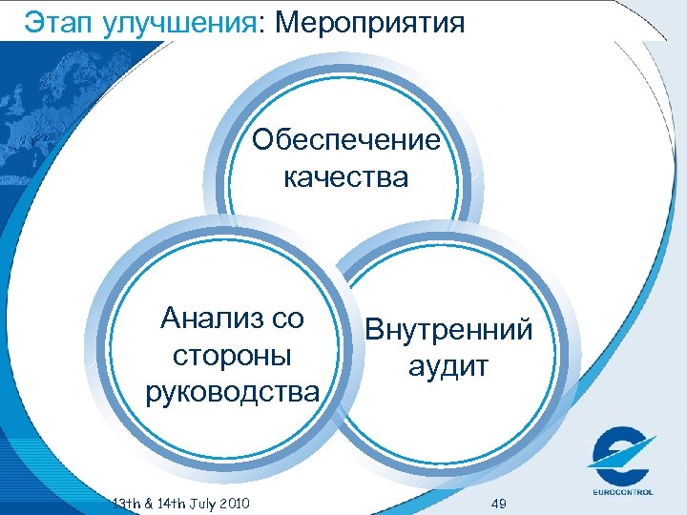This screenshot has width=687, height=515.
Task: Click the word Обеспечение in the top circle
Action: point(346,140)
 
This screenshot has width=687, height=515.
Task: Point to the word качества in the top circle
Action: point(346,176)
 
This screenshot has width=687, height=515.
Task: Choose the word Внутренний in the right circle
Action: point(449,330)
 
